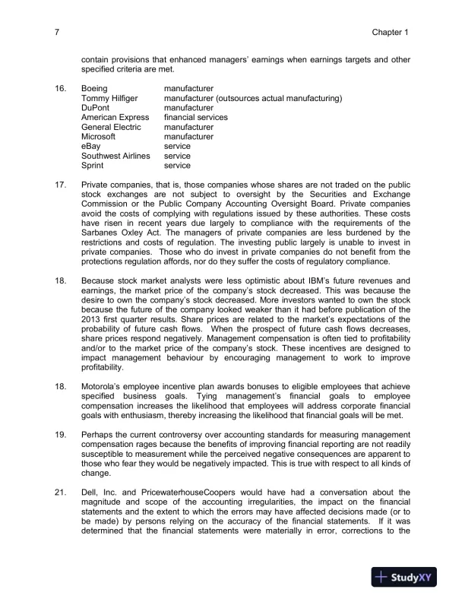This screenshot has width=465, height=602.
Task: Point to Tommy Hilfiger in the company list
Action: pyautogui.click(x=109, y=99)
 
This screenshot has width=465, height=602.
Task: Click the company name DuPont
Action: pyautogui.click(x=96, y=108)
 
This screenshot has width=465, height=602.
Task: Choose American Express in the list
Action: pyautogui.click(x=115, y=118)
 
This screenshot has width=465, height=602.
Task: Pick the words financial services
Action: pyautogui.click(x=195, y=118)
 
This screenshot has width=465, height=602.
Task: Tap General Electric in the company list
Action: pyautogui.click(x=111, y=127)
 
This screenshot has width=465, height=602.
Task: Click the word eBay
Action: pyautogui.click(x=90, y=146)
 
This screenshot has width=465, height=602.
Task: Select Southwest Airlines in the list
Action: pyautogui.click(x=115, y=156)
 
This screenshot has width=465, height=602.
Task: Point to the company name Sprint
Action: pyautogui.click(x=93, y=165)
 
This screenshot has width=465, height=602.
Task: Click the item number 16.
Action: pyautogui.click(x=60, y=89)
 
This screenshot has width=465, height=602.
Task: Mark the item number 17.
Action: pyautogui.click(x=60, y=185)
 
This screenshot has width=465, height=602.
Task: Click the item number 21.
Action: pyautogui.click(x=60, y=492)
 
